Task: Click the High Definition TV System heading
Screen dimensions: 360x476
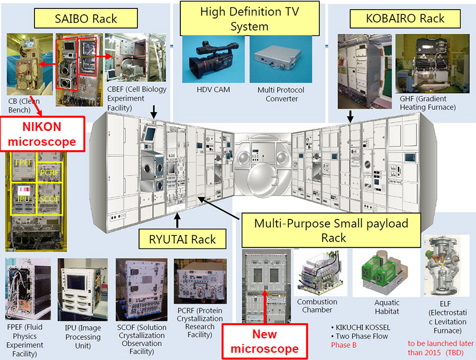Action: (249, 19)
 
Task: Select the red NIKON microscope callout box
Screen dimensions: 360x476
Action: (41, 134)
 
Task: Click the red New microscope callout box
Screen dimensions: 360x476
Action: (264, 341)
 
